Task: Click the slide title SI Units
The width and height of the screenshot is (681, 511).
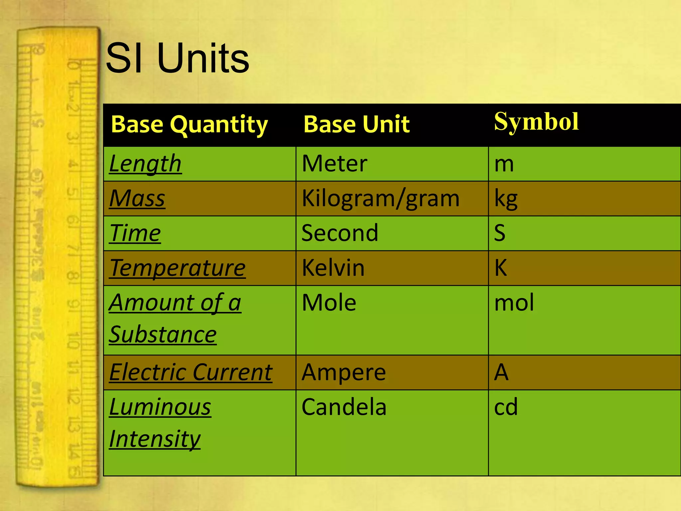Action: click(177, 59)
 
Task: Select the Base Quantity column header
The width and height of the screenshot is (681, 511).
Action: click(189, 124)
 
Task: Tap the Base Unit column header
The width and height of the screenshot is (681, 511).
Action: click(356, 124)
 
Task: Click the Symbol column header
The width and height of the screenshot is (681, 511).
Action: click(536, 122)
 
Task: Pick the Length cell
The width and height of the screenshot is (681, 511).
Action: click(145, 164)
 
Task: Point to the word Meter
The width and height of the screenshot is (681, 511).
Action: click(335, 164)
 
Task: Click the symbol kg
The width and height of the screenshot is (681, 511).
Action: click(506, 199)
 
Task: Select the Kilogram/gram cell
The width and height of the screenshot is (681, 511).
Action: click(380, 199)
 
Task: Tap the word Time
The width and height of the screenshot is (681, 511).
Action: click(135, 233)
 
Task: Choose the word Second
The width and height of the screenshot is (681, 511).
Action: click(340, 233)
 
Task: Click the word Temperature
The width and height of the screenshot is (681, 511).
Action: click(177, 268)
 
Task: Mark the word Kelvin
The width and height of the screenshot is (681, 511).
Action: click(333, 268)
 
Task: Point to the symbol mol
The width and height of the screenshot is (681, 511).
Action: click(514, 303)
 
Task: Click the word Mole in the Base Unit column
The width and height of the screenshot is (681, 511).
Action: click(329, 303)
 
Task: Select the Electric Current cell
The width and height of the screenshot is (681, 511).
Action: click(191, 372)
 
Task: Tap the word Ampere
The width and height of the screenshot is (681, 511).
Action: click(343, 372)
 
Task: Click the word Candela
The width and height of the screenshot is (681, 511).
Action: click(344, 407)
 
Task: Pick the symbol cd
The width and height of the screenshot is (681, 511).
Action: click(506, 407)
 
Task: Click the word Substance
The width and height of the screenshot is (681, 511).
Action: click(163, 335)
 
